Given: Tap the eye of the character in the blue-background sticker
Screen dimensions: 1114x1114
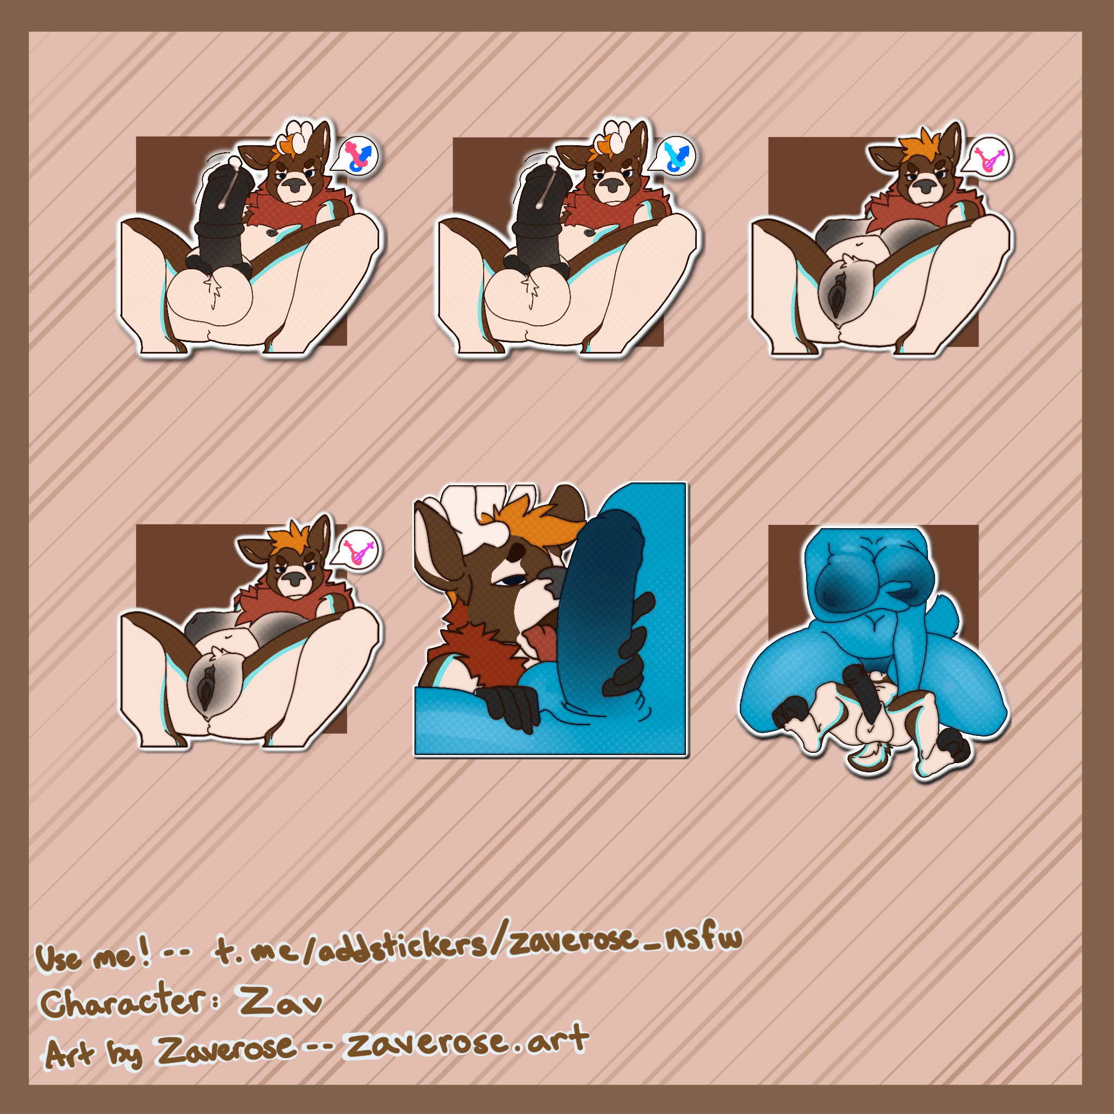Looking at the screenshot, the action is coord(510,580).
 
